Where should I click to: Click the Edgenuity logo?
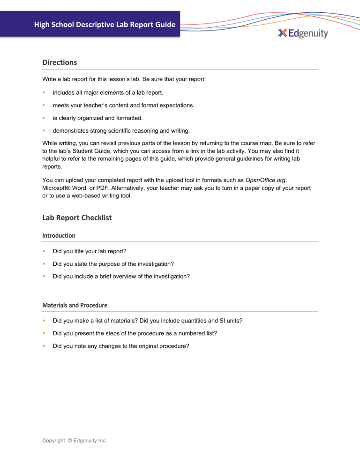303,33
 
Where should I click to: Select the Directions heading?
60,62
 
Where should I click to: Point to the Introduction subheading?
59,235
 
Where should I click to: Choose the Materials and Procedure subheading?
75,305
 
